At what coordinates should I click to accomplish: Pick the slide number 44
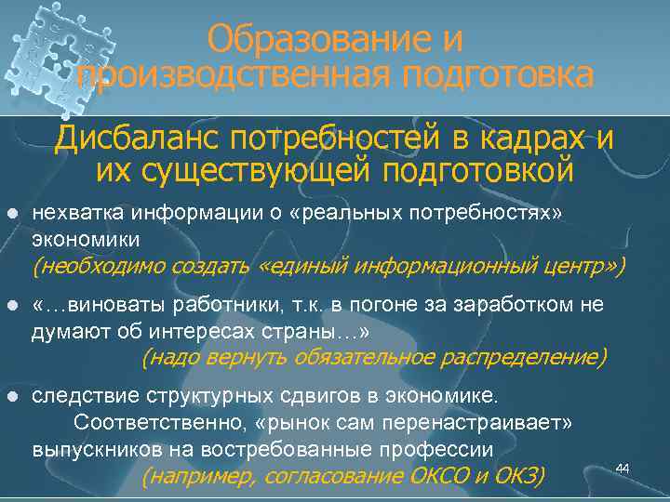click(x=623, y=467)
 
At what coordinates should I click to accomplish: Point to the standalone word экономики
click(x=86, y=239)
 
